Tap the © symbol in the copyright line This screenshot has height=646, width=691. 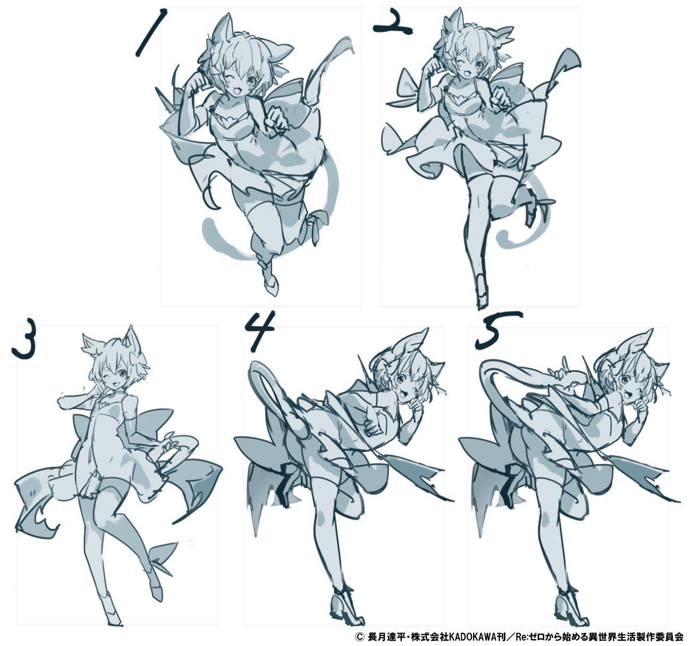click(x=359, y=637)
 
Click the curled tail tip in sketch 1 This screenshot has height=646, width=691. click(x=209, y=226)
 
